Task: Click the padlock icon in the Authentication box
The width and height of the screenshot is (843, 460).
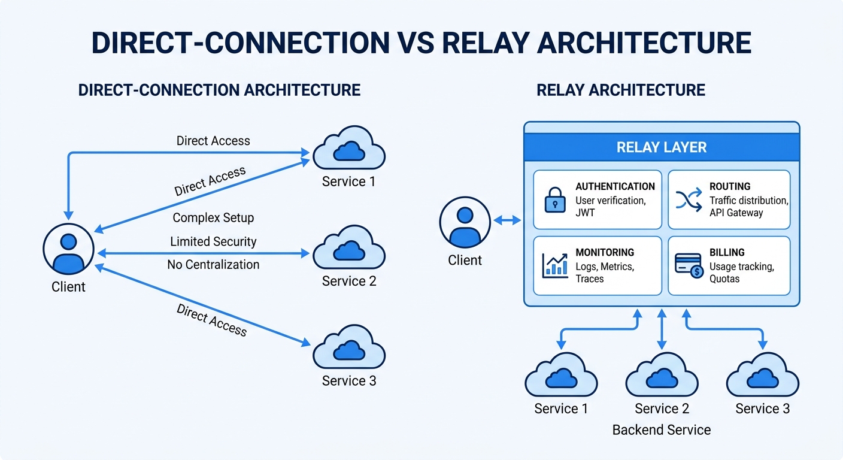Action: point(555,200)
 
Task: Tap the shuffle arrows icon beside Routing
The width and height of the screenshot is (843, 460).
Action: point(689,200)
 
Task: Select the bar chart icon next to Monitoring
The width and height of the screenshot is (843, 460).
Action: point(555,265)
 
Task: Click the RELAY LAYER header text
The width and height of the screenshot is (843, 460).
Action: point(662,147)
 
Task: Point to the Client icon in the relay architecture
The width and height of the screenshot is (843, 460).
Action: point(465,221)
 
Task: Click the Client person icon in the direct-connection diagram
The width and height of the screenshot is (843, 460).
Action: point(68,250)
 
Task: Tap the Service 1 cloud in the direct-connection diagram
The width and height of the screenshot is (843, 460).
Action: point(349,150)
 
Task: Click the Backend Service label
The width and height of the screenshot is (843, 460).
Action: point(662,430)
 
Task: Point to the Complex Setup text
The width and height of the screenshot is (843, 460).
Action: point(213,218)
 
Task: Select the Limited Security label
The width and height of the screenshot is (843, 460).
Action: point(213,241)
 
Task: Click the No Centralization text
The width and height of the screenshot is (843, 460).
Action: point(213,264)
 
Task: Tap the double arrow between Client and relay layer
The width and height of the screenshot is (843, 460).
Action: point(507,221)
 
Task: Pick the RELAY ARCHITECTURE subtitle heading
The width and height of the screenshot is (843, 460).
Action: point(620,90)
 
